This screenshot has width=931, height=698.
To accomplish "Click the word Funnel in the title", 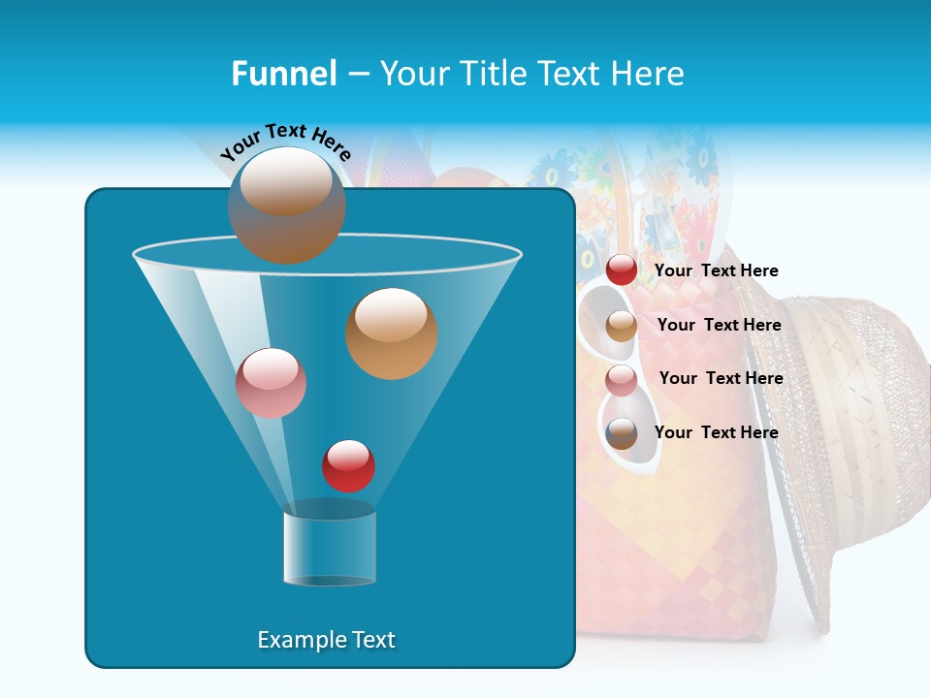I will coord(284,74).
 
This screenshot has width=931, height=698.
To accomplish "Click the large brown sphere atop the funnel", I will coord(286,205).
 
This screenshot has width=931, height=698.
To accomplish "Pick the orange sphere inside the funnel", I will coord(392,333).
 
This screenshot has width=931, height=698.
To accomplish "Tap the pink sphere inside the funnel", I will coord(271,383).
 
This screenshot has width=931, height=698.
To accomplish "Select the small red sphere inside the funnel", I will coord(348,465).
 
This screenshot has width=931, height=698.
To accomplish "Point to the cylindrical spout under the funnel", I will coord(330,548).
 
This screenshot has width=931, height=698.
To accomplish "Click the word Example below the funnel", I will coord(294,640).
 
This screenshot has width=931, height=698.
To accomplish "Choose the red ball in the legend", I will coord(622,270).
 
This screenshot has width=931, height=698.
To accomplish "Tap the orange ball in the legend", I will coord(622,326).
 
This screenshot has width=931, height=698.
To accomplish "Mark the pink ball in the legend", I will coord(622,380).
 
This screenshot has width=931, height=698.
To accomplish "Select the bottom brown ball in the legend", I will coord(622,433).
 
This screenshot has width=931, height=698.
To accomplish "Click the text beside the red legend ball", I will coord(716,270).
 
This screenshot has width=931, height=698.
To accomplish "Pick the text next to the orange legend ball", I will coord(719,325).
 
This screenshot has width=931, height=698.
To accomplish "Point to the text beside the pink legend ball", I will coord(721,378).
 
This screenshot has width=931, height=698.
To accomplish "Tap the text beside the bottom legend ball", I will coord(716,432).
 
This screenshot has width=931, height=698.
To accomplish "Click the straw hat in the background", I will coord(853,436).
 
